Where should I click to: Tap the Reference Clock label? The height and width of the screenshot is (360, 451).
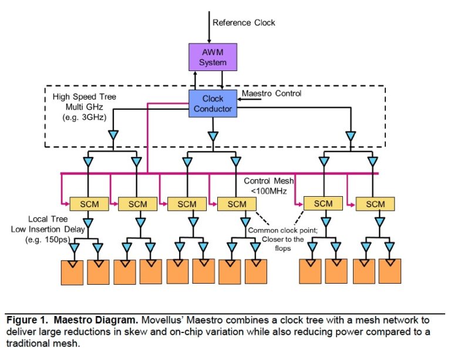(x=244, y=23)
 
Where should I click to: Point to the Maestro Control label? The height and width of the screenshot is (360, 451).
(x=272, y=93)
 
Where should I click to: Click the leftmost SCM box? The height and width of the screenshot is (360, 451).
(x=89, y=204)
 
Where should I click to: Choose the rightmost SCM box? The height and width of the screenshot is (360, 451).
(x=375, y=204)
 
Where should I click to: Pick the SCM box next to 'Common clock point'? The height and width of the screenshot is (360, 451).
(x=237, y=204)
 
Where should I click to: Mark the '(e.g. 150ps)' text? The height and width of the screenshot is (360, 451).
(x=50, y=240)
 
